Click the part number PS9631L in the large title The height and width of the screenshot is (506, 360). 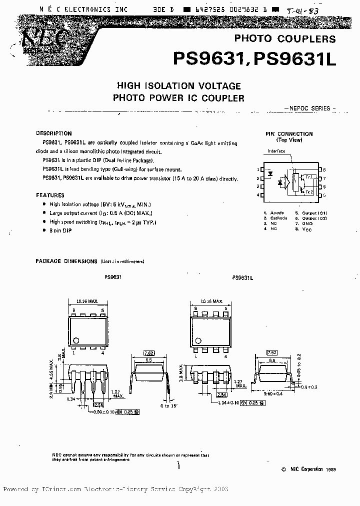295,60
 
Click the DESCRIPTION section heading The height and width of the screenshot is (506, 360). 53,133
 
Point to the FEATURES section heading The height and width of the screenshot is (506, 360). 50,195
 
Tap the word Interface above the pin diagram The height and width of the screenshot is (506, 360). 276,151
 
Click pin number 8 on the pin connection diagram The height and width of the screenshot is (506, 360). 324,170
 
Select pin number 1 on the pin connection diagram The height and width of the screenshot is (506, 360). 258,170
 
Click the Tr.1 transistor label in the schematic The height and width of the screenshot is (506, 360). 309,177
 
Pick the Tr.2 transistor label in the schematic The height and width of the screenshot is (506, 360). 309,192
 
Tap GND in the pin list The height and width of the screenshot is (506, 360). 307,223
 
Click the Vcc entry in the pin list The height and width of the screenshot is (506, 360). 307,229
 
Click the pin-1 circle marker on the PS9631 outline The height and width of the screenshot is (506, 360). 75,340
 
